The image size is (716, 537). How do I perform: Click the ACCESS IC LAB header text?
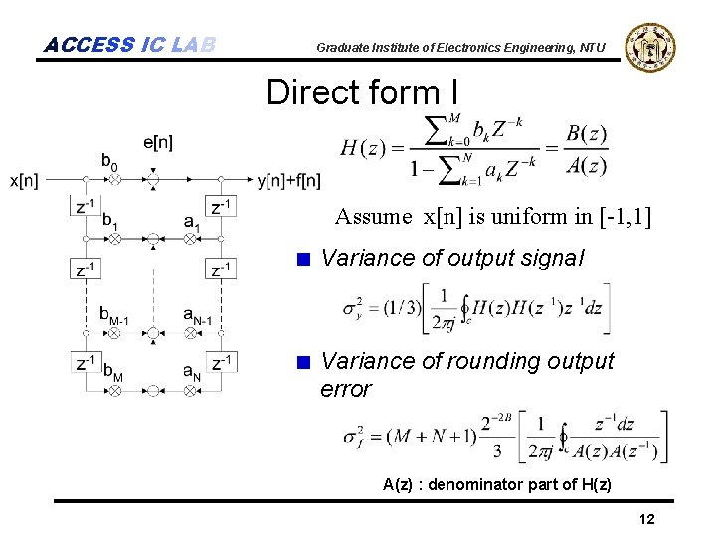pos(130,44)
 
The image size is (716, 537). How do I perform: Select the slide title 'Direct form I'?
pos(363,92)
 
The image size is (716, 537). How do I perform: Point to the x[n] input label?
pos(25,180)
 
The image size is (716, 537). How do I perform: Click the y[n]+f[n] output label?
pos(289,180)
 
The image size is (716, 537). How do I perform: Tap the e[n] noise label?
pos(157,142)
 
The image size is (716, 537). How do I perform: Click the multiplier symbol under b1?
pos(114,239)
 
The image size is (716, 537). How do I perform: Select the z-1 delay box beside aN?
pos(222,363)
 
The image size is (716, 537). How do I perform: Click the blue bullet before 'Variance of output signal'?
pos(305,259)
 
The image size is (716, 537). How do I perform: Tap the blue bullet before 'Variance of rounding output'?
pos(305,361)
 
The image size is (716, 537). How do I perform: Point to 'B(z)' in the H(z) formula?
pos(586,134)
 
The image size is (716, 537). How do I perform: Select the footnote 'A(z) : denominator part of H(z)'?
pos(497,484)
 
